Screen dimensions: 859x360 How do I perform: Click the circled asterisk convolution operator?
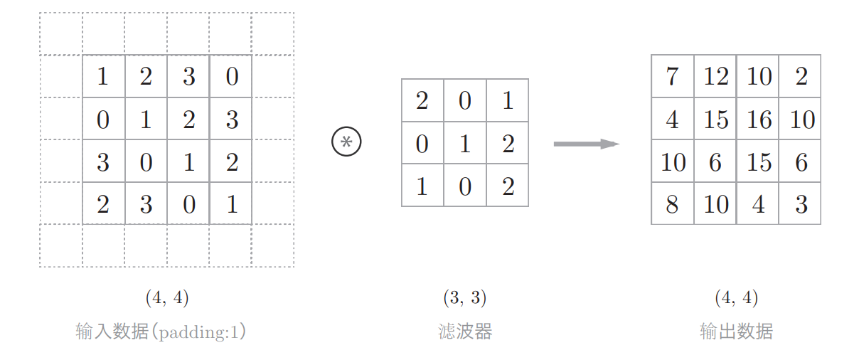(x=346, y=142)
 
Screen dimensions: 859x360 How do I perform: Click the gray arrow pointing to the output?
(x=586, y=144)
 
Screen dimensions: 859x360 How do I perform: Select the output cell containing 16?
(x=758, y=119)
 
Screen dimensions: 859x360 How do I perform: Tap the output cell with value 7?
(x=672, y=76)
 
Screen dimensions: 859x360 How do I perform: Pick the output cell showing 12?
(x=715, y=76)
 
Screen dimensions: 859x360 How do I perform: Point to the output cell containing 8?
(x=672, y=204)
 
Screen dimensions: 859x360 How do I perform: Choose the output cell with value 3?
(x=801, y=204)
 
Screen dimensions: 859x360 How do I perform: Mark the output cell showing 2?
(x=801, y=76)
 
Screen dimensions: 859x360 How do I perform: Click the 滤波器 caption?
(x=465, y=332)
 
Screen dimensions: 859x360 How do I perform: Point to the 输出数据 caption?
(x=736, y=332)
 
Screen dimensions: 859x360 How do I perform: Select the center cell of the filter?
(x=465, y=143)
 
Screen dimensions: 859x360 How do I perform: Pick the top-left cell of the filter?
(x=422, y=100)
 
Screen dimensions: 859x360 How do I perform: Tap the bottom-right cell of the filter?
(x=507, y=186)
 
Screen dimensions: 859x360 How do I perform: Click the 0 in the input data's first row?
(x=231, y=76)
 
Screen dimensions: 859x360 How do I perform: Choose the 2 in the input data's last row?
(x=103, y=204)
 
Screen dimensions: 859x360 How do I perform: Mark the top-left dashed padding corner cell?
(x=61, y=33)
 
